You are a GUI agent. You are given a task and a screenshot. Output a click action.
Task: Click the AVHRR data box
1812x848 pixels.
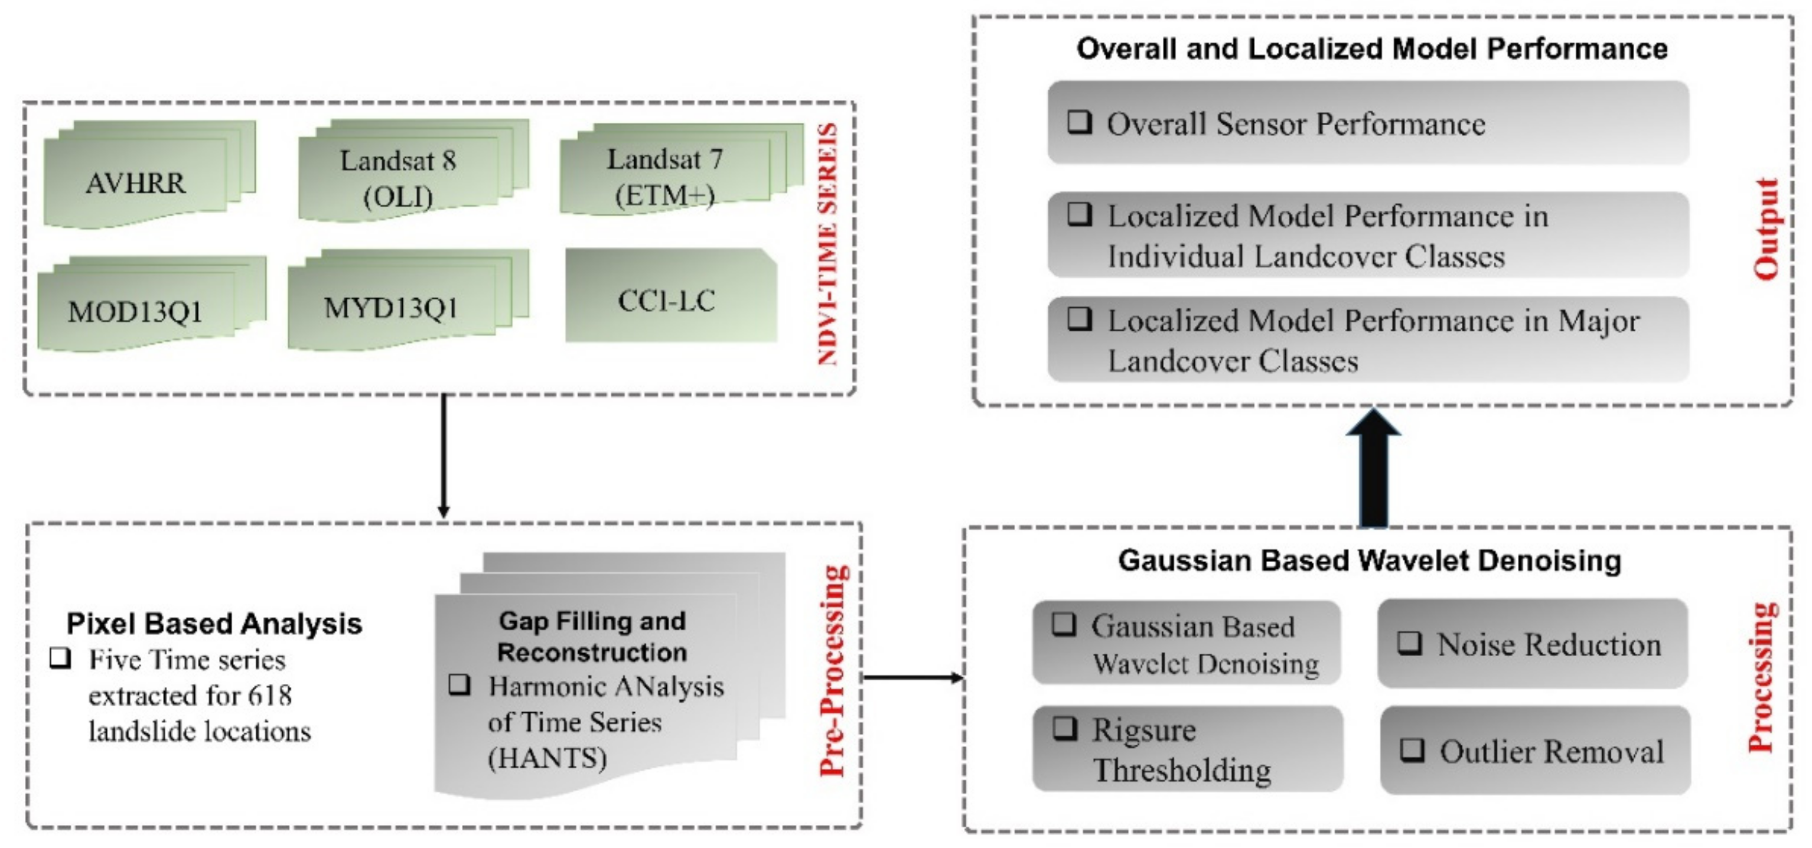tap(136, 183)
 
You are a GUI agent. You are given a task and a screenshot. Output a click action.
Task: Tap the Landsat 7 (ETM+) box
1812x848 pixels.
tap(664, 177)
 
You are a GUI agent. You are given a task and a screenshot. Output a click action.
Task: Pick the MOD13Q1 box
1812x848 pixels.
tap(136, 311)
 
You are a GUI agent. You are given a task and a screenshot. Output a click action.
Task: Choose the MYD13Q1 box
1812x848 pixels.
tap(391, 307)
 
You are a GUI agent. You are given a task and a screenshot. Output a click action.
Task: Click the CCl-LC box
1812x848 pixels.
tap(667, 300)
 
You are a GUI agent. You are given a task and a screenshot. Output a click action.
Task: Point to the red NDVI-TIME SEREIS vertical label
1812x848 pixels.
tap(828, 243)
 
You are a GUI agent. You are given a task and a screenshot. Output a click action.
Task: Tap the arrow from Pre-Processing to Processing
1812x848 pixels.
tap(912, 677)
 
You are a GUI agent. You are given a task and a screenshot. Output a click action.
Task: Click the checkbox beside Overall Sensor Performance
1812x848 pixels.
tap(1080, 122)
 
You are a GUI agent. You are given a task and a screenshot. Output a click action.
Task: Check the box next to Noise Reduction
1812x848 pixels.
tap(1409, 642)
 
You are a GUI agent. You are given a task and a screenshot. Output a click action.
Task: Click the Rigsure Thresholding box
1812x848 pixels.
tap(1187, 749)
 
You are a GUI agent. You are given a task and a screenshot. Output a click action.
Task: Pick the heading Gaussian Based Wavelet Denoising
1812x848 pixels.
tap(1370, 560)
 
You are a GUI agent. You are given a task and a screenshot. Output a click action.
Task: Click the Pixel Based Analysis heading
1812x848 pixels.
tap(214, 623)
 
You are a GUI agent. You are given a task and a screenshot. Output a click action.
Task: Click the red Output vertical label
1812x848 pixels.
tap(1767, 229)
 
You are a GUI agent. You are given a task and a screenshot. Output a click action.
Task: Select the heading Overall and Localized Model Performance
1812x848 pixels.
tap(1371, 48)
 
